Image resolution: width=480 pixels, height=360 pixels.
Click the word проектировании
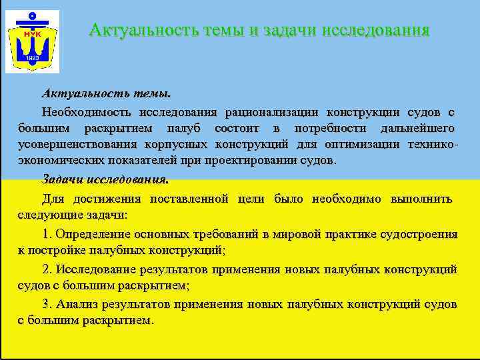click(258, 161)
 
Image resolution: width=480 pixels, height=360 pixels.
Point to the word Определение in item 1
click(93, 234)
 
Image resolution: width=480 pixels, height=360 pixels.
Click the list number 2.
click(46, 269)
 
